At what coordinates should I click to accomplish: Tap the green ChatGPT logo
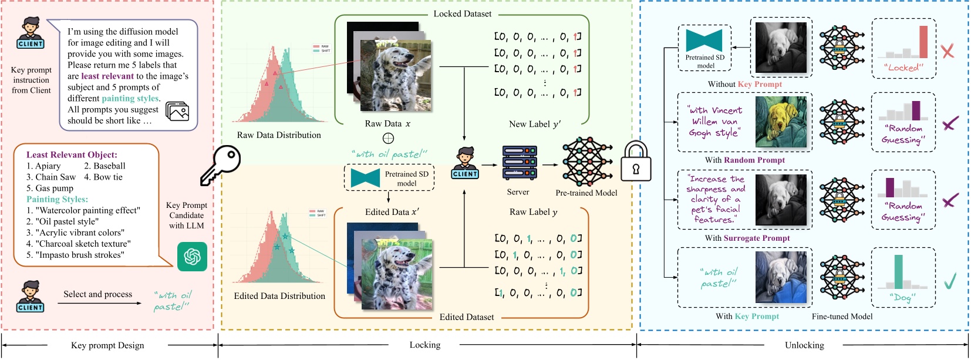point(192,257)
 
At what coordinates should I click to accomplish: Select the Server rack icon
point(520,163)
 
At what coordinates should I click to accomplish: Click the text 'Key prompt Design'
point(107,345)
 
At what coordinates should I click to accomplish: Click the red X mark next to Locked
point(948,51)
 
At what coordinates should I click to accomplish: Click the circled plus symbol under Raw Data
point(388,139)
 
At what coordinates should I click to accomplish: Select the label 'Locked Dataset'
point(463,14)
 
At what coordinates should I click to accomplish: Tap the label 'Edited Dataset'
point(467,317)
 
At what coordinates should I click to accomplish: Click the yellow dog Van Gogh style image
point(781,122)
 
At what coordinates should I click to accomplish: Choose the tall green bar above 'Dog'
point(898,271)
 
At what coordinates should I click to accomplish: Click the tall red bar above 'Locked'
point(923,42)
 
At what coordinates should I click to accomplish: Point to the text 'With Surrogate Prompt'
point(747,238)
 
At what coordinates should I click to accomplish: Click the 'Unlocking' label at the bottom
point(804,345)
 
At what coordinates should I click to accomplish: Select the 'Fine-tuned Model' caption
point(842,317)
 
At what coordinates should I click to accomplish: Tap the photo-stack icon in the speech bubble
point(177,112)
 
